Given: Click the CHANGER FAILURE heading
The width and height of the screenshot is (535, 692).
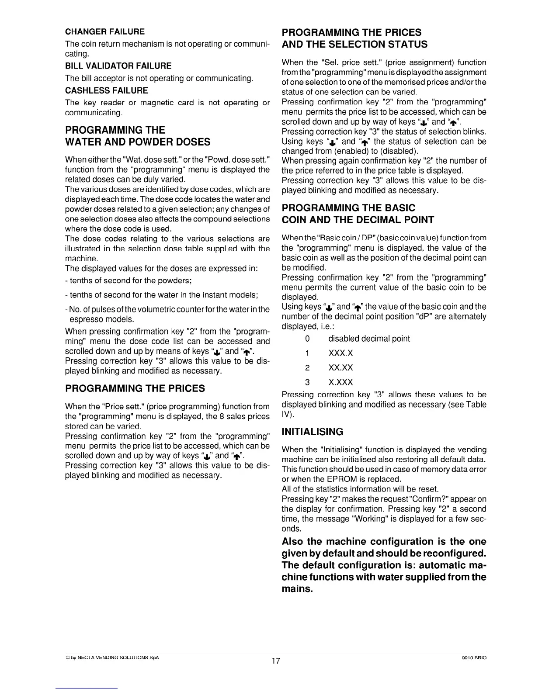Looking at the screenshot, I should (x=104, y=32).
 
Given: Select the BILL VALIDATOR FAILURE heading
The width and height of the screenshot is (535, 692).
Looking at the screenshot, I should (x=118, y=66).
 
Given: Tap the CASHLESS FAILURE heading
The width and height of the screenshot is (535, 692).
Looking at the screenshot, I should (x=106, y=90).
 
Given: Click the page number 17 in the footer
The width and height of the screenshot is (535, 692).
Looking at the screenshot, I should (x=275, y=661).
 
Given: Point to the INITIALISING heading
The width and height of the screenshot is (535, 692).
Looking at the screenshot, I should (x=313, y=432).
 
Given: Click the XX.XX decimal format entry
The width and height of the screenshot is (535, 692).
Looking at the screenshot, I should (x=340, y=367).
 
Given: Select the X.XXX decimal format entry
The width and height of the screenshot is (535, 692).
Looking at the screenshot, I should (x=340, y=382).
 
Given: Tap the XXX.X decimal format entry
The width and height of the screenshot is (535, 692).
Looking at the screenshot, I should (x=340, y=353).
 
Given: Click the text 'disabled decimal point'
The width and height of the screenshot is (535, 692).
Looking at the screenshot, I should (x=369, y=339).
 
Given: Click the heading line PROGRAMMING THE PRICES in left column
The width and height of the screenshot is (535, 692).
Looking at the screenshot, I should (x=135, y=388).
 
